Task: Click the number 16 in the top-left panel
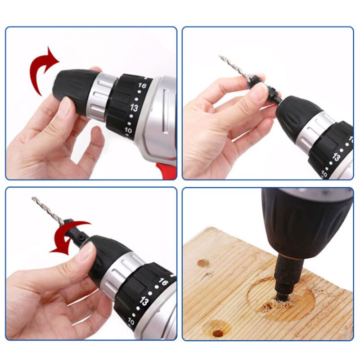(x=142, y=85)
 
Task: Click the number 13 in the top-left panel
(x=134, y=108)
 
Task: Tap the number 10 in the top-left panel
(x=128, y=130)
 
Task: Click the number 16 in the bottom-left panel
(x=163, y=282)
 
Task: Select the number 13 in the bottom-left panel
(x=144, y=301)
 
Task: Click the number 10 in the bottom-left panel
(x=131, y=321)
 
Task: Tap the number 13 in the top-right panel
(x=336, y=157)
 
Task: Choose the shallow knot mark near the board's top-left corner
(x=203, y=263)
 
